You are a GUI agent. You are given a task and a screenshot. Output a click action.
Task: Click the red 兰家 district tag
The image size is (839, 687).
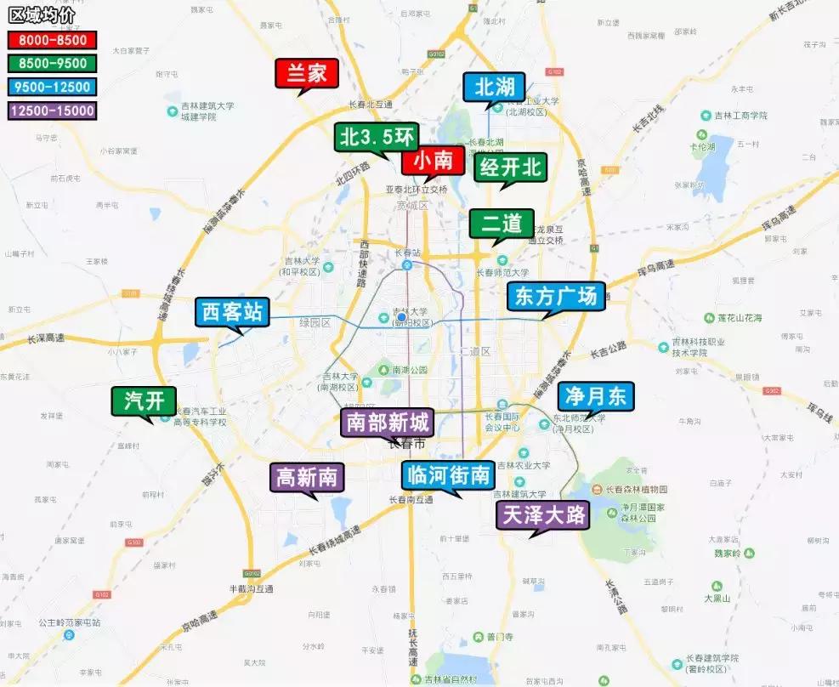[x=307, y=74]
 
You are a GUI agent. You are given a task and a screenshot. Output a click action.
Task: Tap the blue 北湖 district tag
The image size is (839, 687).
[x=495, y=87]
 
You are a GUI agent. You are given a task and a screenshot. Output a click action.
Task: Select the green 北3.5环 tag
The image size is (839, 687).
[x=377, y=136]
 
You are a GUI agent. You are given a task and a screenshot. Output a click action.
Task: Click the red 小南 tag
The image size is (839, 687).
[x=434, y=160]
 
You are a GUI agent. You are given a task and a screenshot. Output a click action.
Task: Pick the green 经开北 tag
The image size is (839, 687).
[x=510, y=167]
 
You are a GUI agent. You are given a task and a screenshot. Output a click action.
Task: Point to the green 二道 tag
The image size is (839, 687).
[x=502, y=224]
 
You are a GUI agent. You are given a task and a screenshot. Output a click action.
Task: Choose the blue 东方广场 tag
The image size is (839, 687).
[x=557, y=297]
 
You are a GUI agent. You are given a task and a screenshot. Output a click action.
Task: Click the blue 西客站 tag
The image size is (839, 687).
[x=232, y=311]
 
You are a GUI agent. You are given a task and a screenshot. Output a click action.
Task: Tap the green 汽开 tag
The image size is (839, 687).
[x=144, y=401]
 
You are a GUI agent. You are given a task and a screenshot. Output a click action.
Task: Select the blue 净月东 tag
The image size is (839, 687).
[x=596, y=395]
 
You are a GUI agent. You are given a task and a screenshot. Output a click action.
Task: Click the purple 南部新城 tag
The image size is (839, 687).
[x=388, y=422]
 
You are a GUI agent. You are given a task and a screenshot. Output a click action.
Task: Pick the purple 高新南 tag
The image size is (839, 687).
[x=307, y=478]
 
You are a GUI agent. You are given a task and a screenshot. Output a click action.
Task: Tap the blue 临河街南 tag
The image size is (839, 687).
[x=448, y=475]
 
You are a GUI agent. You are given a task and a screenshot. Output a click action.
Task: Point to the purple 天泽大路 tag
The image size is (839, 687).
[x=542, y=514]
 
